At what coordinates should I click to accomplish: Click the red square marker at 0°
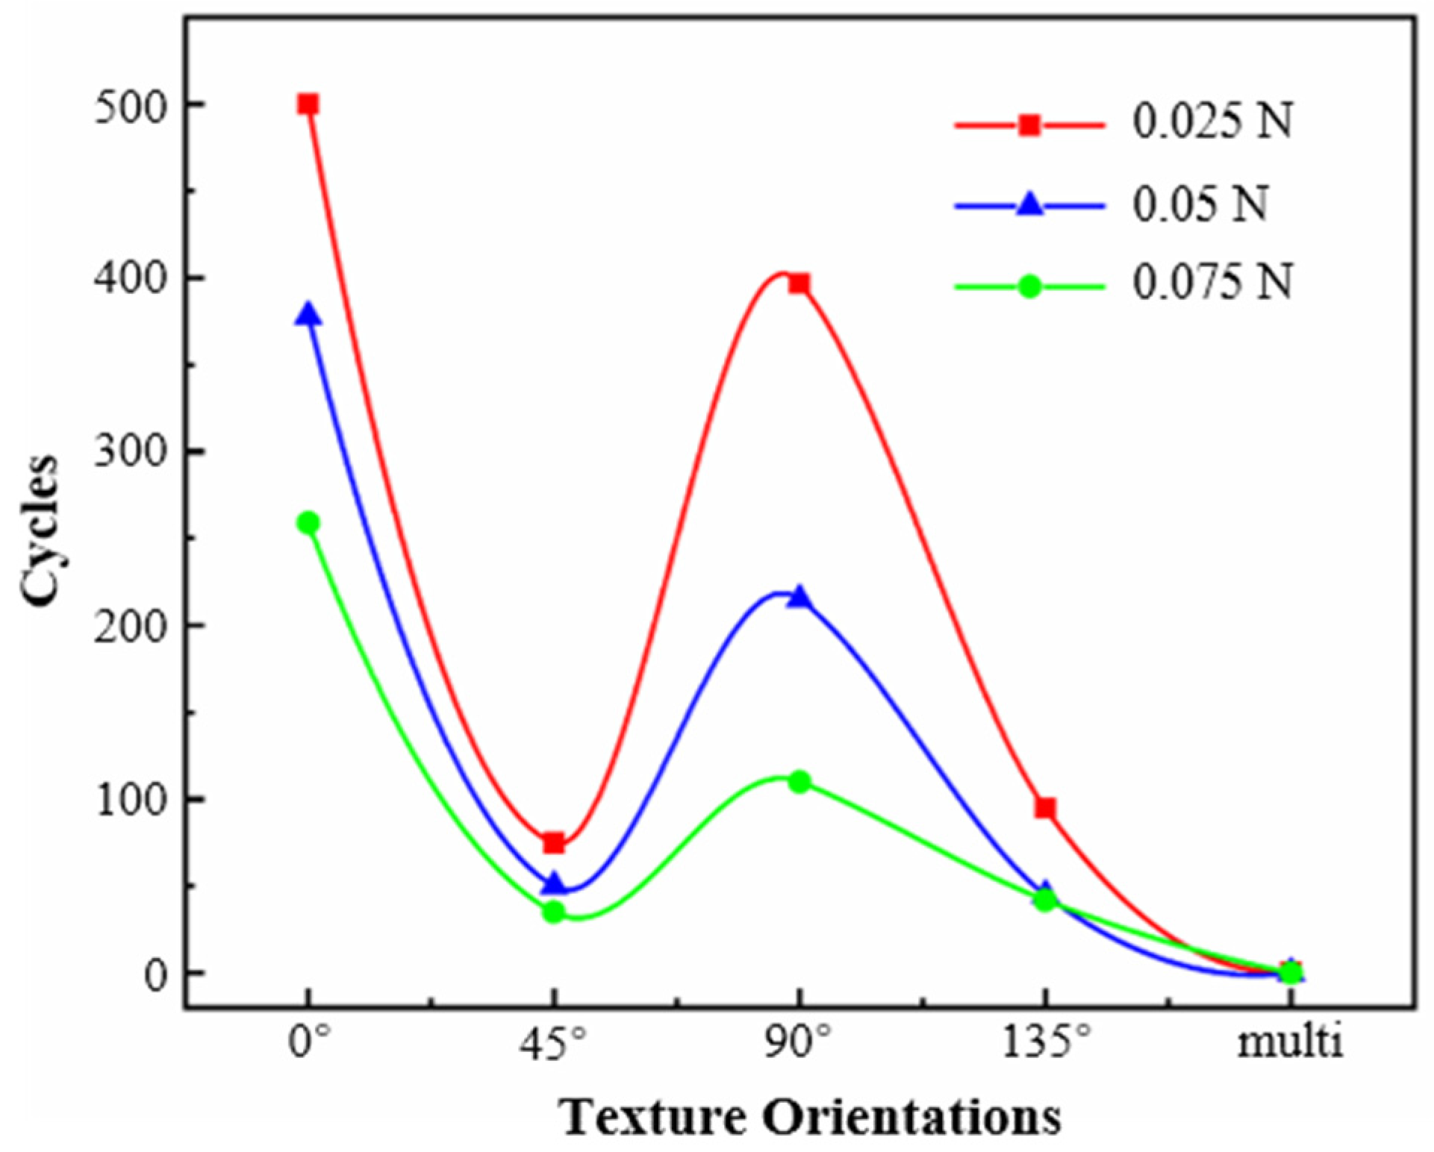(308, 104)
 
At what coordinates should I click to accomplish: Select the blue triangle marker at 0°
(308, 315)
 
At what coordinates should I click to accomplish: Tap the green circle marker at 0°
(308, 523)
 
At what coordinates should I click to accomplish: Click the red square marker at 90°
(799, 284)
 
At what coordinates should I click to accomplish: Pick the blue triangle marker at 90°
(799, 596)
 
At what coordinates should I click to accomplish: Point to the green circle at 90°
(799, 782)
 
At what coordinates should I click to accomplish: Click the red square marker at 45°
(553, 843)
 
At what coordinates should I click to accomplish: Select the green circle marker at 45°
(553, 912)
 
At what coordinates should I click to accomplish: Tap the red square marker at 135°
(1045, 808)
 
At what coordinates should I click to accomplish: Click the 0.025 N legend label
(1212, 124)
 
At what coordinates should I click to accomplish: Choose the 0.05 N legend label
(1200, 204)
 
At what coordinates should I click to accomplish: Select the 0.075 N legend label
(1212, 284)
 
